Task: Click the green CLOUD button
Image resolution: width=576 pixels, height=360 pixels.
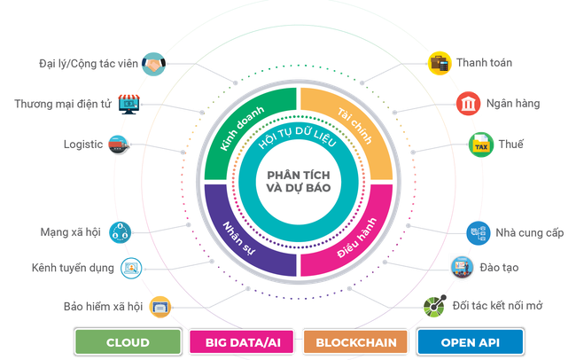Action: pyautogui.click(x=128, y=341)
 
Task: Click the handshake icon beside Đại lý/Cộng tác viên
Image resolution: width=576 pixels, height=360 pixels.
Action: pyautogui.click(x=154, y=65)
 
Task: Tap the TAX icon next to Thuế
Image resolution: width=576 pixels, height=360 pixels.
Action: pyautogui.click(x=479, y=145)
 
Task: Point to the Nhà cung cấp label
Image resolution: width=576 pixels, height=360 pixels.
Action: pyautogui.click(x=529, y=233)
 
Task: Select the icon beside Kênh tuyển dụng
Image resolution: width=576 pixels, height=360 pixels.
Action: pyautogui.click(x=131, y=265)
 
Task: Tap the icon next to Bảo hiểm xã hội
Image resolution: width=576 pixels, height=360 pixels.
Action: pyautogui.click(x=160, y=306)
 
